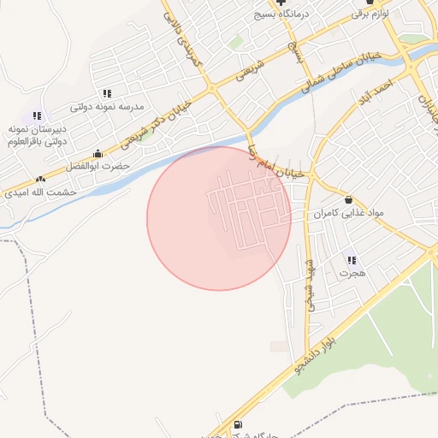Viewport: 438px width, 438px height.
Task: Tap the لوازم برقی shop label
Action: point(370,15)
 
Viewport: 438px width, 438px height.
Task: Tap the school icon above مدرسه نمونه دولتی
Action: point(106,93)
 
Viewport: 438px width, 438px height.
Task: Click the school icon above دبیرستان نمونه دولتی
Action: point(37,115)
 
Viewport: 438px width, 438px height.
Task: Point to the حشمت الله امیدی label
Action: point(40,192)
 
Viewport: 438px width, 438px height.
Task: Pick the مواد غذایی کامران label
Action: point(347,212)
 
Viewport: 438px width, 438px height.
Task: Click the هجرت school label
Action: point(351,273)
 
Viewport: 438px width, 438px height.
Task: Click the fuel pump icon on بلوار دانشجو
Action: point(237,424)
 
